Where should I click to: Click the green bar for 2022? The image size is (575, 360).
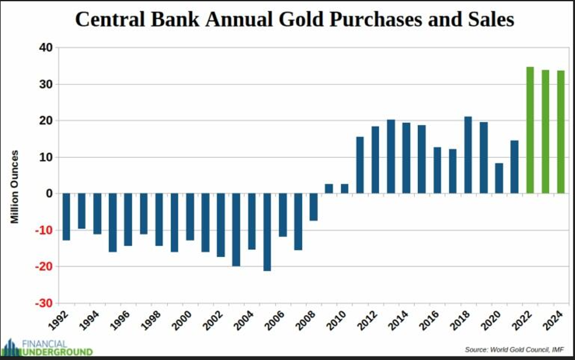(x=530, y=130)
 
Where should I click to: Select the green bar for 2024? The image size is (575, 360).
(x=561, y=132)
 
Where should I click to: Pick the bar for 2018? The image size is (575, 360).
(x=468, y=155)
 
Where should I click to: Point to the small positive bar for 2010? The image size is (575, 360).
(x=345, y=189)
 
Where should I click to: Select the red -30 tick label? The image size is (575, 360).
(x=44, y=303)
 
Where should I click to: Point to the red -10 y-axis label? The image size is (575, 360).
(x=44, y=231)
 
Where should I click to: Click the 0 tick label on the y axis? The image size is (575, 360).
(x=49, y=194)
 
